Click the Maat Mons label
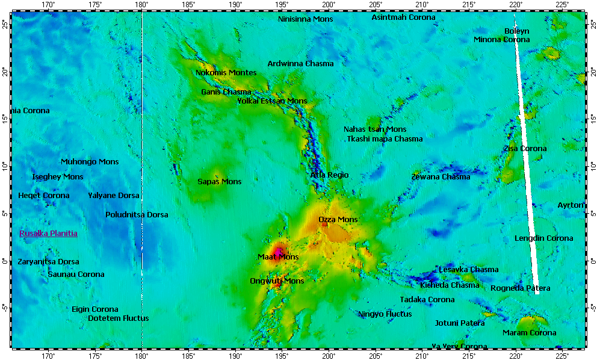(278, 257)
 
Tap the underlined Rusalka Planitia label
(48, 234)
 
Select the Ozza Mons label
(338, 220)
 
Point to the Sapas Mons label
(220, 182)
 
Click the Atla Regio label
(329, 175)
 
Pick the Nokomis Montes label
(226, 73)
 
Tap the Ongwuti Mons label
(277, 281)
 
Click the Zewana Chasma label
(441, 177)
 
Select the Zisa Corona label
(525, 149)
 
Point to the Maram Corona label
(530, 333)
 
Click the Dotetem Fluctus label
(119, 318)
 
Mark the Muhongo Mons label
(90, 162)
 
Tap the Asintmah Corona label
(403, 17)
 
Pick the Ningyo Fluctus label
(385, 314)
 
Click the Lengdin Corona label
(544, 238)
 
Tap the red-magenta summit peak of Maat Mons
(278, 250)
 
